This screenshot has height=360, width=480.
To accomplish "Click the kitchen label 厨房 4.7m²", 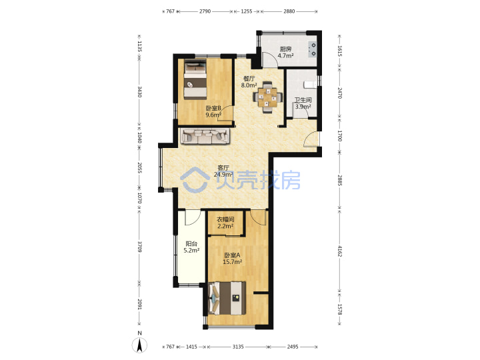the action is [285, 52].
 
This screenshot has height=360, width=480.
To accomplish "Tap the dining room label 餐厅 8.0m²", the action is [249, 82].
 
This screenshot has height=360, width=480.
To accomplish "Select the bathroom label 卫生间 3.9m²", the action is [303, 103].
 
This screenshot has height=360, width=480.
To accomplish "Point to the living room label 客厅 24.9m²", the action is [223, 171].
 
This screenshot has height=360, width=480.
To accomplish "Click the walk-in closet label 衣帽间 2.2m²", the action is [225, 223].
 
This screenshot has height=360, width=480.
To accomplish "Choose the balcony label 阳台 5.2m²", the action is [191, 247].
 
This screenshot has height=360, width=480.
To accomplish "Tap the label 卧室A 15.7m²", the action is [232, 258].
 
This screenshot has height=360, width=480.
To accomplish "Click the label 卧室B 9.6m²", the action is [213, 111].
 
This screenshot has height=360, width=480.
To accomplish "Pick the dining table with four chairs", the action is [267, 97].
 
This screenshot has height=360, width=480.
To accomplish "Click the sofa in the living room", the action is [205, 136].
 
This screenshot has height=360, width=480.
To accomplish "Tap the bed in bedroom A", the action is [227, 298].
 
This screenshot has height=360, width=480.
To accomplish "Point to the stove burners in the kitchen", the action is [313, 49].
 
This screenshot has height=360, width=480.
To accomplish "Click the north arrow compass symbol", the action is [139, 345].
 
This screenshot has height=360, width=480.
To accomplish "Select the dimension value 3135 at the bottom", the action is [238, 347].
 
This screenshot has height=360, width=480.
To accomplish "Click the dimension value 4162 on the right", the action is [340, 251].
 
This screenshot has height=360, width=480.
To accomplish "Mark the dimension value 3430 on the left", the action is [139, 92].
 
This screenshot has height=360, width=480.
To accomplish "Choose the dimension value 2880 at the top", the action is [289, 11].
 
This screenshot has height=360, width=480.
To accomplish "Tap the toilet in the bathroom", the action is [310, 84].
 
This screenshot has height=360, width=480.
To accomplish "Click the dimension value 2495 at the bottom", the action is [293, 347].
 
